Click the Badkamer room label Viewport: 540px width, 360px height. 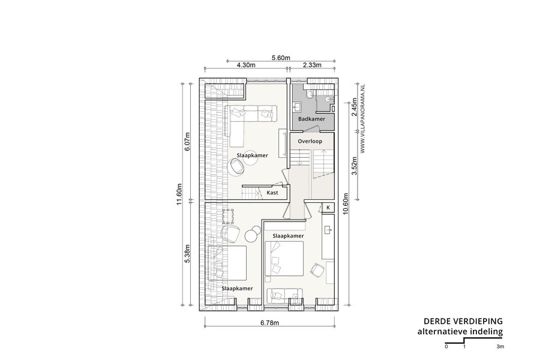(311, 119)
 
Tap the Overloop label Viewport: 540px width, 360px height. (310, 141)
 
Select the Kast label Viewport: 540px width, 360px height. (272, 193)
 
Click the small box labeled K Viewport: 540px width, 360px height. (328, 208)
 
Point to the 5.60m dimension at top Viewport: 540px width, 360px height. (281, 58)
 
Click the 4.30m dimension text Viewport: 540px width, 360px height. (246, 65)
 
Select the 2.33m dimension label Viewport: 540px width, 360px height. (312, 65)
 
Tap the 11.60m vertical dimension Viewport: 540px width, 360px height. (179, 194)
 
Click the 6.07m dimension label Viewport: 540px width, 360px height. (187, 142)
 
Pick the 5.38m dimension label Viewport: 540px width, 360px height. (187, 254)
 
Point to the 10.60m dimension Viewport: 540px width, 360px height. (346, 203)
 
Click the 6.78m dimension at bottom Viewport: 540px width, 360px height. (269, 323)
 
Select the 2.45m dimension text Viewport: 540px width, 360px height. (353, 107)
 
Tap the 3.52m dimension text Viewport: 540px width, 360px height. (353, 166)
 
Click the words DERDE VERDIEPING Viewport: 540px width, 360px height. (463, 322)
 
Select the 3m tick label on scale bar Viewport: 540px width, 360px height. (500, 347)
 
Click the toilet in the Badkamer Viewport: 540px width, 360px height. (310, 94)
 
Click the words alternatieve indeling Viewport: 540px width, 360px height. (460, 332)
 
